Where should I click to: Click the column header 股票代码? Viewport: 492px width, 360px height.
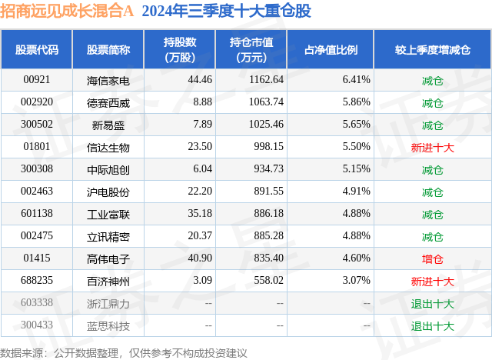(x=36, y=49)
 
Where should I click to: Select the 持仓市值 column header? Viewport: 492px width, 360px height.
(x=252, y=49)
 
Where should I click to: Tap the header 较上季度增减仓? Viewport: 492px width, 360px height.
(x=432, y=49)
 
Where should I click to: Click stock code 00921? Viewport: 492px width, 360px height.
(x=36, y=80)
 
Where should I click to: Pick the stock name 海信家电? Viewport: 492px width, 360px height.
(x=108, y=80)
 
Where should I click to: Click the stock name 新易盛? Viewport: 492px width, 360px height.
(x=108, y=125)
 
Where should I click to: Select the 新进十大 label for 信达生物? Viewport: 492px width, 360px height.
(x=432, y=147)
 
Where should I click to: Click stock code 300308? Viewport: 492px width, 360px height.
(x=36, y=169)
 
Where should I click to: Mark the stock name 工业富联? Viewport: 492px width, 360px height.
(x=108, y=215)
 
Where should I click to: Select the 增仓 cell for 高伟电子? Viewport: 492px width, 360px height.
(x=432, y=259)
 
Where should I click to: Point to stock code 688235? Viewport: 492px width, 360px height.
(x=36, y=282)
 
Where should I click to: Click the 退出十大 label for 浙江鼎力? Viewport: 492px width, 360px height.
(x=432, y=304)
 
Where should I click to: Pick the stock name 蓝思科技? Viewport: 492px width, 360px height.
(x=108, y=326)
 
